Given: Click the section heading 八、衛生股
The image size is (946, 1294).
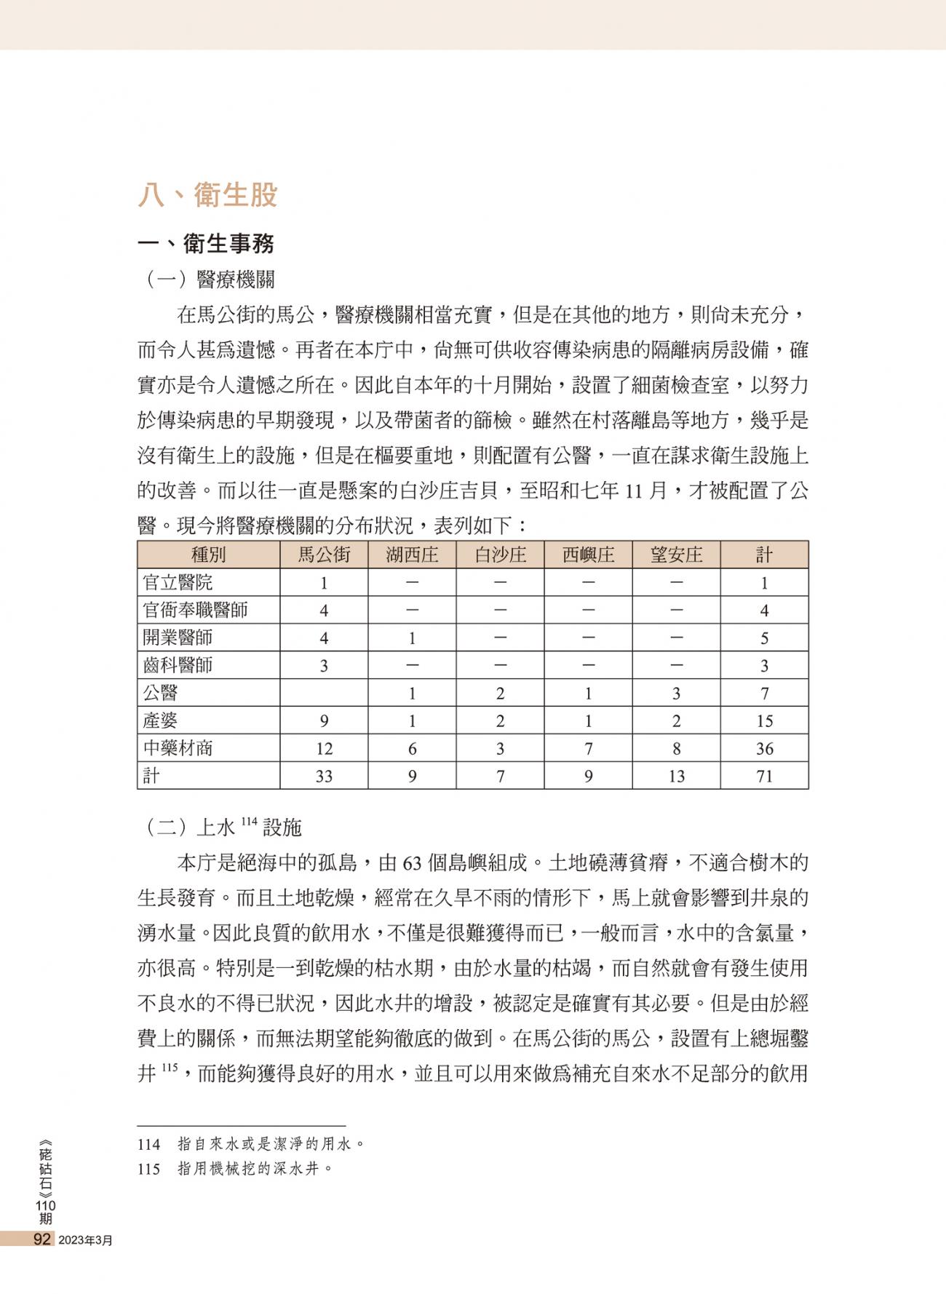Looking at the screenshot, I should tap(207, 195).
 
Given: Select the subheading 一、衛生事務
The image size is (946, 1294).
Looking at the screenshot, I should tap(206, 243).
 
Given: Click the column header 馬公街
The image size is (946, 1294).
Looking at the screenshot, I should tap(324, 555).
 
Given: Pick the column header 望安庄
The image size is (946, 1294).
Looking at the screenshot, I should tap(676, 555).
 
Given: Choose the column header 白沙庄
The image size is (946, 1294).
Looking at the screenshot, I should tap(500, 555).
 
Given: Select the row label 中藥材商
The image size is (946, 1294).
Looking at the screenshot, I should tap(178, 748).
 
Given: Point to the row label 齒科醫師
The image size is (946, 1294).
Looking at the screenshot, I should tap(178, 665).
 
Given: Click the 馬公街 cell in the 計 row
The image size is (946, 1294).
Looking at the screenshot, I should tap(324, 776).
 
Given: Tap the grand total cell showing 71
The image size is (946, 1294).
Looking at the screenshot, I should tap(764, 776).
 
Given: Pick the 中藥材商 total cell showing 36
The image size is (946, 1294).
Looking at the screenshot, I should tap(764, 748).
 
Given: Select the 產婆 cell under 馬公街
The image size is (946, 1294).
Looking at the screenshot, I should tap(324, 721).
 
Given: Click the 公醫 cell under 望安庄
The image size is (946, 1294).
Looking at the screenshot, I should tap(676, 693).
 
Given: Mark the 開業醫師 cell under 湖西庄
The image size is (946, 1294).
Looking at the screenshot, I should tap(412, 638).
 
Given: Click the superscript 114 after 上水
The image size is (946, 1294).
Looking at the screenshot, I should tap(249, 822).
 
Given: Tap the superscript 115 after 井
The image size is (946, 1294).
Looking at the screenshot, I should tap(169, 1068).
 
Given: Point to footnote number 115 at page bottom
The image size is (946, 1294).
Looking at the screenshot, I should tap(148, 1169).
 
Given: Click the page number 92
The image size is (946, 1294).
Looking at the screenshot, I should tap(42, 1239).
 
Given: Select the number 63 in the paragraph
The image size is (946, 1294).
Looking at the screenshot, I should tap(412, 864).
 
